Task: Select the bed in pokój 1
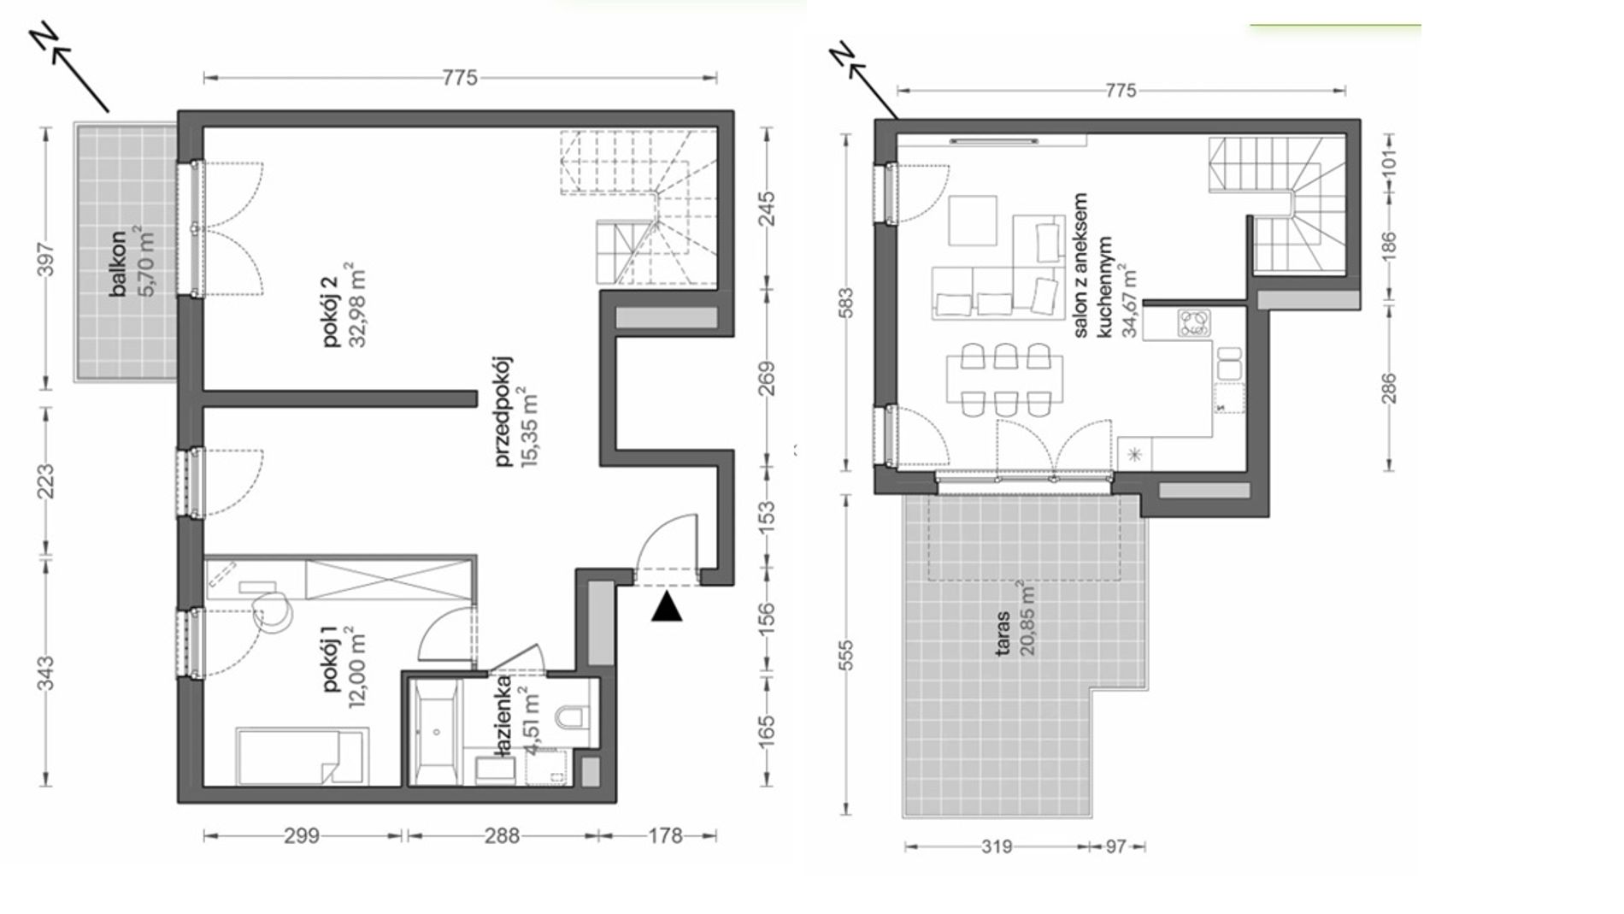coord(303,756)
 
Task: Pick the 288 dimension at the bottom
coord(502,835)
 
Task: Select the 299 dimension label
coord(302,835)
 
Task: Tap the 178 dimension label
coord(665,835)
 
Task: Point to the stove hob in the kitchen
coord(1194,322)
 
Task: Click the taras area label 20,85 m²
coord(1027,617)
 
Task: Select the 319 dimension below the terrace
coord(997,846)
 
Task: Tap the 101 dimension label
coord(1389,161)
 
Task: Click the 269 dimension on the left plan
coord(767,379)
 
